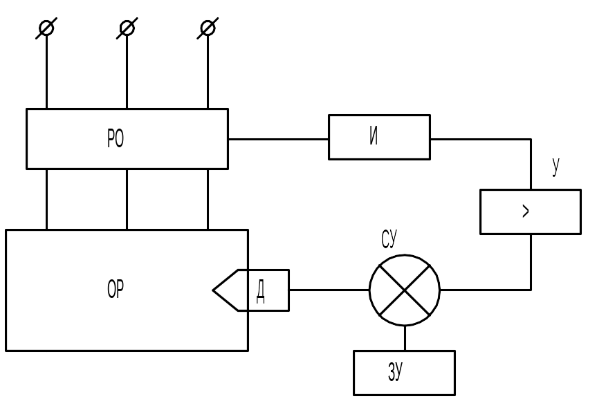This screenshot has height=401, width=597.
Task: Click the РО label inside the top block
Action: click(x=116, y=138)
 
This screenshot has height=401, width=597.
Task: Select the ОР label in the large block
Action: click(x=116, y=289)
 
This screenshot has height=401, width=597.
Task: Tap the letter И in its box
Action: click(x=374, y=136)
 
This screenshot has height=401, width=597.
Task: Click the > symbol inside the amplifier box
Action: click(x=526, y=211)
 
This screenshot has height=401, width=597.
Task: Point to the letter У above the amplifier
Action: click(x=556, y=166)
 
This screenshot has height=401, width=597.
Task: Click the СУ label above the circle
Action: click(x=389, y=239)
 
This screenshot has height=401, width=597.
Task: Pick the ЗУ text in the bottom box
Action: click(x=395, y=371)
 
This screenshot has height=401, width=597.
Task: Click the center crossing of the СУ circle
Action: click(x=405, y=290)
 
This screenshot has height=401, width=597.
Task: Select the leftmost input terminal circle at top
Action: click(x=46, y=28)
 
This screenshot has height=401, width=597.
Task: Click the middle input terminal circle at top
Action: click(x=127, y=28)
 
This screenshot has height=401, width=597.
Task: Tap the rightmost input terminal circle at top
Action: click(x=208, y=28)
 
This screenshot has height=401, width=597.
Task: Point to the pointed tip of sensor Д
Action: click(x=213, y=290)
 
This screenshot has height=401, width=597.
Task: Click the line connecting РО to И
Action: click(x=278, y=139)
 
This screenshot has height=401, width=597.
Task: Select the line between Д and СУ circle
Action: click(x=329, y=290)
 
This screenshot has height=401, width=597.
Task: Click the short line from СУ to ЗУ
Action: click(x=405, y=338)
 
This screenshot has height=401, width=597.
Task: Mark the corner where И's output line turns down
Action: click(x=531, y=139)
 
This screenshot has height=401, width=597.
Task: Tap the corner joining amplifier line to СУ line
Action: click(x=531, y=290)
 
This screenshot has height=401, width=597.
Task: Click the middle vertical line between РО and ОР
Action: click(x=127, y=199)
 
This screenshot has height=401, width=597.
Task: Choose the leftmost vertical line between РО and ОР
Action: click(x=46, y=199)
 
